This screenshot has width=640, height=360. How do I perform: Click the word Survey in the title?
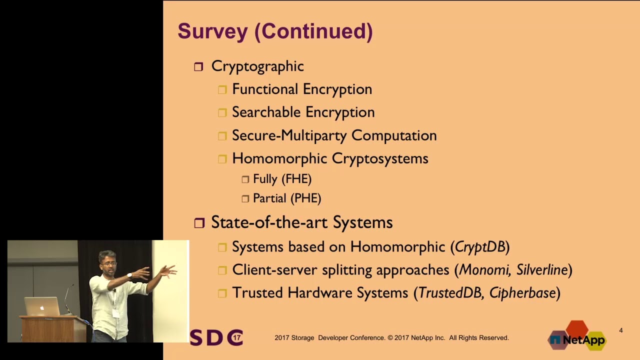(212, 31)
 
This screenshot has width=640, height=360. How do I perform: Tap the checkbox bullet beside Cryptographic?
(198, 66)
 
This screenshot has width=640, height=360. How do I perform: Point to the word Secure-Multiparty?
(289, 135)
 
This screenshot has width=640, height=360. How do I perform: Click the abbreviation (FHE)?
(296, 179)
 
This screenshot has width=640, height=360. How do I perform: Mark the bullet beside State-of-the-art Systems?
(199, 223)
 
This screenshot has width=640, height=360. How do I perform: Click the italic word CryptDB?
(480, 246)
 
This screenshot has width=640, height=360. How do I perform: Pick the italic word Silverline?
(542, 270)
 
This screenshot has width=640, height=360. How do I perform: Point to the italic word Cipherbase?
(522, 293)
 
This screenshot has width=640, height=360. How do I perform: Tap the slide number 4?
(621, 330)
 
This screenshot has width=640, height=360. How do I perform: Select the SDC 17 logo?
(216, 337)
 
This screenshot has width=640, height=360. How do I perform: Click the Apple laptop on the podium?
(42, 306)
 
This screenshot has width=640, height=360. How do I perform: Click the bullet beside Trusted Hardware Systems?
(222, 293)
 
